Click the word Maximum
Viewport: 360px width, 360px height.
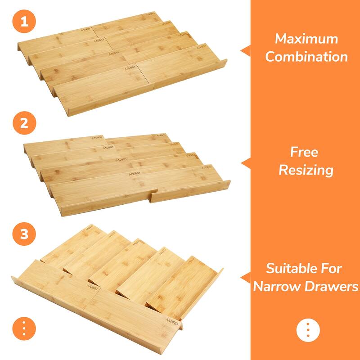(x=306, y=39)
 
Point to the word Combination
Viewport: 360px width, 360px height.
(x=306, y=57)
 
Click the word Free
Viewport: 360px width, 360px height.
(x=304, y=152)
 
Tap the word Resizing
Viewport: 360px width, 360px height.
(x=306, y=170)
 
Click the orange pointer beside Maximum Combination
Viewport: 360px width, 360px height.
(x=246, y=50)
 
